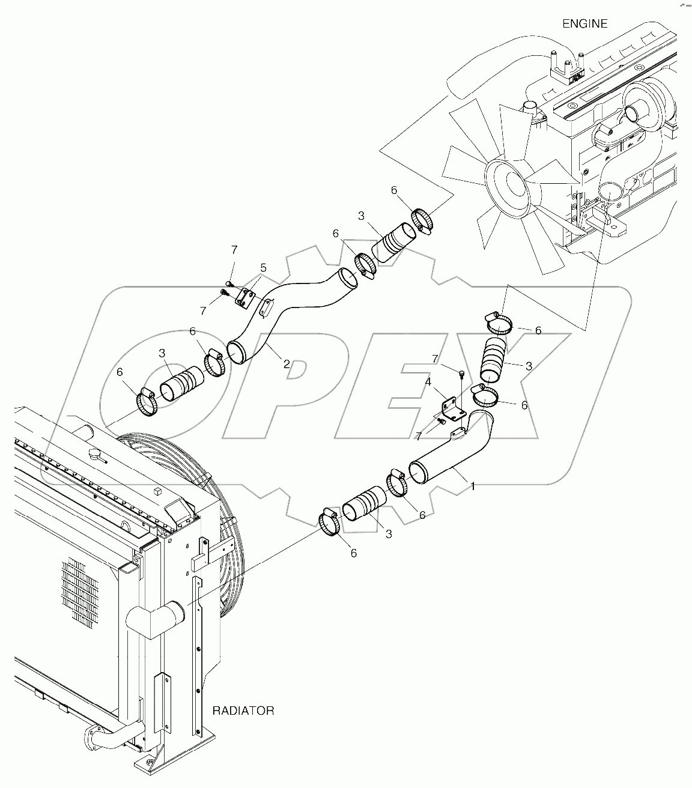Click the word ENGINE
coord(584,24)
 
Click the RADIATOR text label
coord(243,711)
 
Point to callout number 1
coord(473,486)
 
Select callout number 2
coord(287,363)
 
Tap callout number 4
coord(427,381)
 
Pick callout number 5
coord(263,267)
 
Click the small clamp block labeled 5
coord(246,299)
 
